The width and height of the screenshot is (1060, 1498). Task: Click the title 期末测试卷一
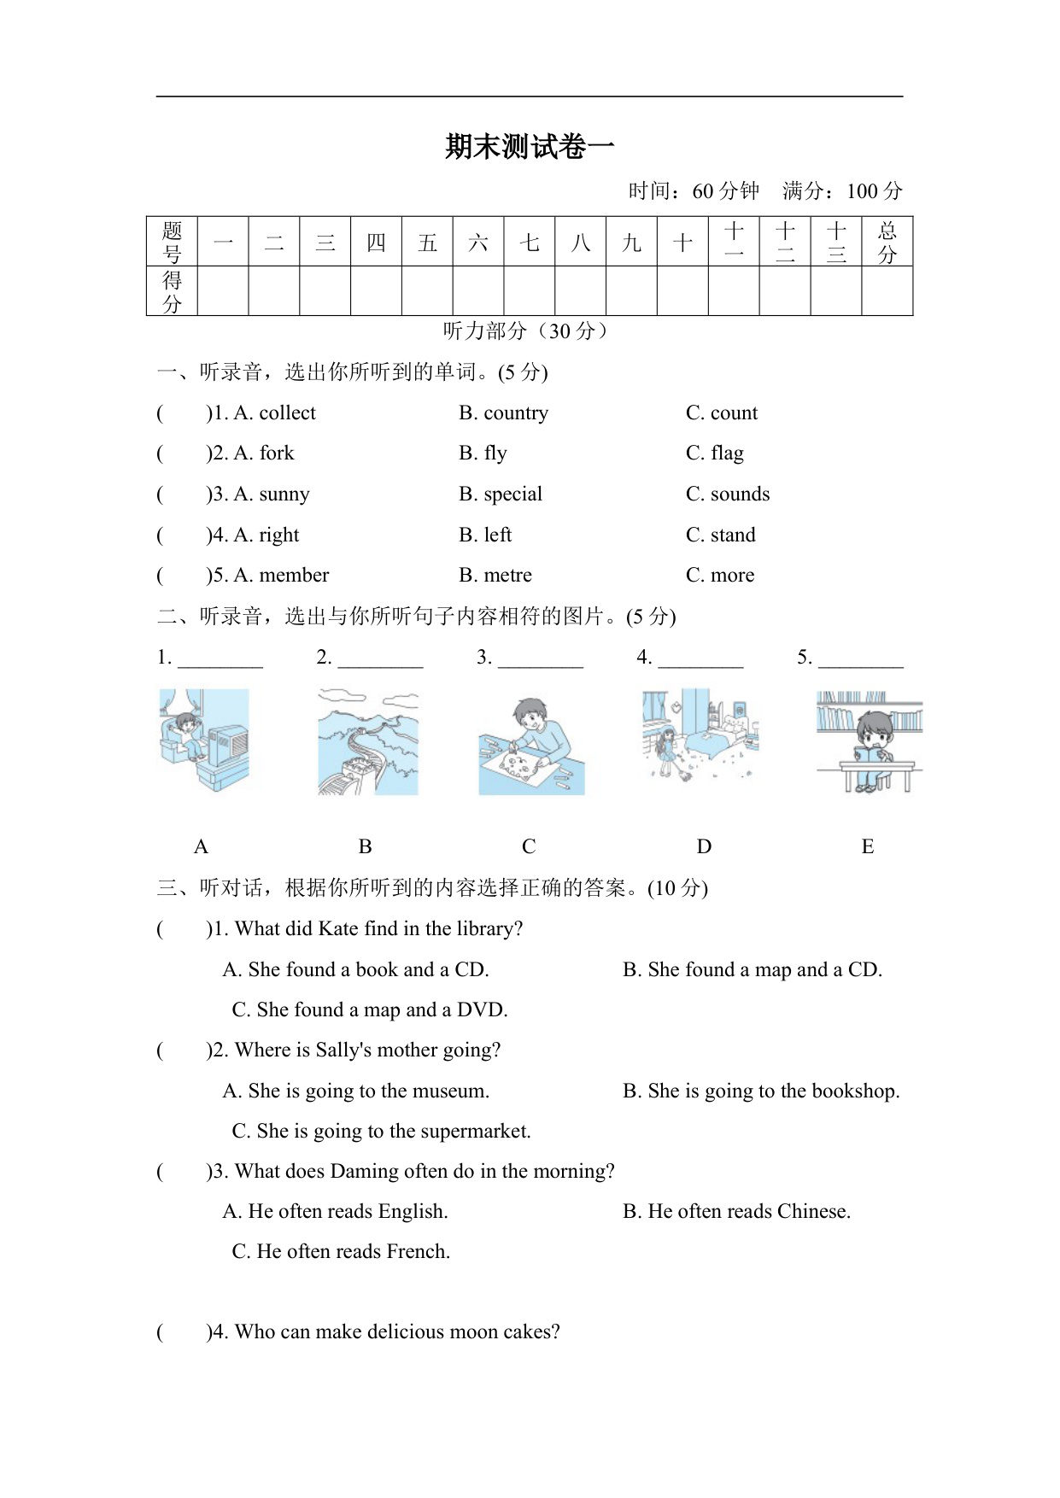(x=530, y=147)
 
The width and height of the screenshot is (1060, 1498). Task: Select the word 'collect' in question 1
(x=287, y=413)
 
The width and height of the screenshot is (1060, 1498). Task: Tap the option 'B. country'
(x=503, y=413)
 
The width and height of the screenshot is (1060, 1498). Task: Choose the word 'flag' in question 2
(x=727, y=453)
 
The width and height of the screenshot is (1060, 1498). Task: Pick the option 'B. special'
(x=501, y=494)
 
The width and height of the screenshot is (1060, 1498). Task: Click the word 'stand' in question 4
(x=733, y=535)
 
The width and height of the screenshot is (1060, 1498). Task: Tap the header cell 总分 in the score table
(x=887, y=242)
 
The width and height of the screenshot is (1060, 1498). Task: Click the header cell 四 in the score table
(x=376, y=243)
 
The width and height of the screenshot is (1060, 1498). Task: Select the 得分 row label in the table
(x=172, y=291)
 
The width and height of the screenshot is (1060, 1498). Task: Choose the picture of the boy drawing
(x=531, y=746)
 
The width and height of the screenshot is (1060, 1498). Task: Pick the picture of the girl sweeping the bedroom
(x=700, y=734)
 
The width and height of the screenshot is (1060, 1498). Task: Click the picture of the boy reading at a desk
(x=869, y=741)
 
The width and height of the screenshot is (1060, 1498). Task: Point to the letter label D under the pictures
(x=704, y=847)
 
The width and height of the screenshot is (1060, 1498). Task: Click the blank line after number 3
(x=540, y=659)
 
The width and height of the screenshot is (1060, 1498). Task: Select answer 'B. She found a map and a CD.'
(x=753, y=970)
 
